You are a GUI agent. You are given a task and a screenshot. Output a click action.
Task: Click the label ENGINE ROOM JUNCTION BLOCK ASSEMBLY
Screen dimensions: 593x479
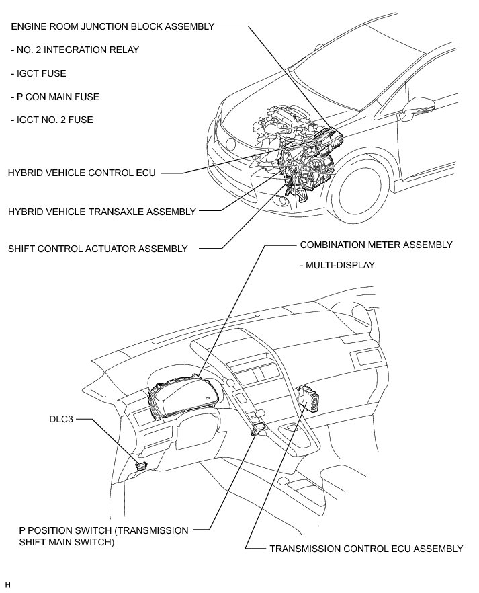point(112,26)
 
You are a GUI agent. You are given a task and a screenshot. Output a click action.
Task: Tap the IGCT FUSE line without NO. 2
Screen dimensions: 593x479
point(38,73)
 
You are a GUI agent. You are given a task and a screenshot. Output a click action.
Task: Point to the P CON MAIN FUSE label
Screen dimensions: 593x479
point(55,97)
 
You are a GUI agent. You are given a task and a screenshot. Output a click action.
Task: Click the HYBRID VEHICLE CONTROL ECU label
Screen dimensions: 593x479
point(81,173)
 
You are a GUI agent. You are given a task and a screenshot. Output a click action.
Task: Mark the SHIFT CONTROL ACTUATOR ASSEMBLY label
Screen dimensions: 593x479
point(98,249)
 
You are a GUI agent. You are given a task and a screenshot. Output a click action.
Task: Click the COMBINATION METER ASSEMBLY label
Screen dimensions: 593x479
point(376,245)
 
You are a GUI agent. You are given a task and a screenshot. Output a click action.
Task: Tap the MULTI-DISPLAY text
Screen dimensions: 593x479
point(337,265)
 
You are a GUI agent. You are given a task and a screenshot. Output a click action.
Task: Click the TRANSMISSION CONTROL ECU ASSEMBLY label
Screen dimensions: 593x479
point(366,549)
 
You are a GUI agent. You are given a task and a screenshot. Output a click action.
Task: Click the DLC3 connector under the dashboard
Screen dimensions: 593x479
point(141,464)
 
